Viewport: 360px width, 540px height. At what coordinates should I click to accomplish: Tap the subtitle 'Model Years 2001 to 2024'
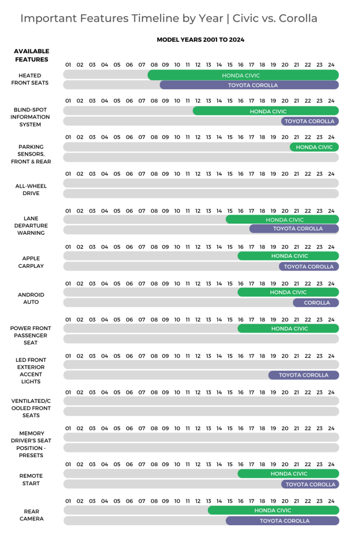coord(200,40)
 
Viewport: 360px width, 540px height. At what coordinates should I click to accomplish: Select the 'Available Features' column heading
coord(31,55)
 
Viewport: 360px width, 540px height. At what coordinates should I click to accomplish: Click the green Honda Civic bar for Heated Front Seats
coord(243,75)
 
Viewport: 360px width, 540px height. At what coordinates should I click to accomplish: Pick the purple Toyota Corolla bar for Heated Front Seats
coord(249,85)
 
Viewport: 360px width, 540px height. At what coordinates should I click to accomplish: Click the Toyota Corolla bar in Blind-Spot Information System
coord(309,121)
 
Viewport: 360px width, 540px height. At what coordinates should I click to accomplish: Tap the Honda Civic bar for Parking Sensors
coord(314,147)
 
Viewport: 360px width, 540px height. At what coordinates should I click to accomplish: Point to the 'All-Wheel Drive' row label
coord(30,189)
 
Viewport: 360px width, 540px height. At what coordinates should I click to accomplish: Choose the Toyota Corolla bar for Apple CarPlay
coord(309,267)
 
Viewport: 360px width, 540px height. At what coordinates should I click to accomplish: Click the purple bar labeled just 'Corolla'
coord(316,303)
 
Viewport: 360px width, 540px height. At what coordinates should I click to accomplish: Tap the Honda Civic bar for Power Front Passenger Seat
coord(288,329)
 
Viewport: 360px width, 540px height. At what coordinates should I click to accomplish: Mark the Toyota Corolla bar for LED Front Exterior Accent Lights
coord(304,375)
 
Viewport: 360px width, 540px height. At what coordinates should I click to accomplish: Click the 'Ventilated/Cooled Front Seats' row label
coord(30,408)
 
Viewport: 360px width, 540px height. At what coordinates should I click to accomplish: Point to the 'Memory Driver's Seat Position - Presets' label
coord(30,444)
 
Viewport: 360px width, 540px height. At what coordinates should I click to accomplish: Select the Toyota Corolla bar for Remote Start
coord(310,484)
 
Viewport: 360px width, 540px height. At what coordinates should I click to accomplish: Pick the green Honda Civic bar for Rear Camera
coord(273,510)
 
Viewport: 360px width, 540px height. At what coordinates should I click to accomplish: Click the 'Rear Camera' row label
coord(30,515)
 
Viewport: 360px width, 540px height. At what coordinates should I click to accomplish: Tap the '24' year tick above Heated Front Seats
coord(331,65)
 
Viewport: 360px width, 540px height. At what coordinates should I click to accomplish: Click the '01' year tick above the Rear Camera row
coord(69,501)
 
